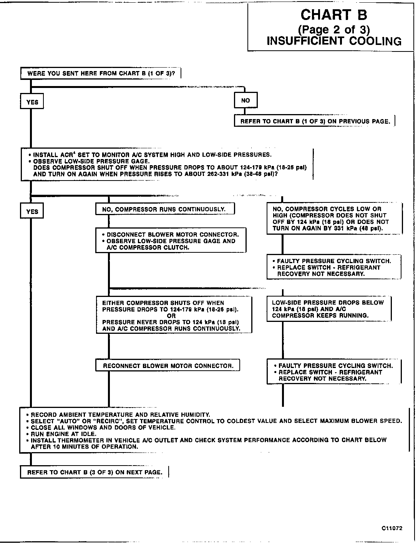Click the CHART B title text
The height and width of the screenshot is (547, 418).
coord(333,15)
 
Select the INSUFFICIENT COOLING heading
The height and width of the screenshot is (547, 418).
coord(334,41)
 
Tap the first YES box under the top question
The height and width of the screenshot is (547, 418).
coord(32,102)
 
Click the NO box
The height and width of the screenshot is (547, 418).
coord(245,101)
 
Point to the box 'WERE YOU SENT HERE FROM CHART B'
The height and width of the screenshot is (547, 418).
coord(101,73)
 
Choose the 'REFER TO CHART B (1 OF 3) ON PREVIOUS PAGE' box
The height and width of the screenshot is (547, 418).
coord(315,121)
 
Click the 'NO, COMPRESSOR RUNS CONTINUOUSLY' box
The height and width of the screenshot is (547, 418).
coord(165,209)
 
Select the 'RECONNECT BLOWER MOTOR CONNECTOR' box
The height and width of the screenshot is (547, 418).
coord(168,366)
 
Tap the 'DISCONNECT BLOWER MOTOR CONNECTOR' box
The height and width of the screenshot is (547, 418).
coord(171,241)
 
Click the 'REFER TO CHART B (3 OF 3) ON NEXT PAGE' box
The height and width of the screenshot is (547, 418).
coord(95,472)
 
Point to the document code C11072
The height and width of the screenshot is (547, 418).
coord(392,528)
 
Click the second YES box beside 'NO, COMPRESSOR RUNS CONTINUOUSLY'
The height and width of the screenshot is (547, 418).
coord(32,212)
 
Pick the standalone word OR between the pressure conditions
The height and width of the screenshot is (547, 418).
coord(171,316)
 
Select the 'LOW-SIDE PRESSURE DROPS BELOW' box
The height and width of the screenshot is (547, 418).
coord(329,309)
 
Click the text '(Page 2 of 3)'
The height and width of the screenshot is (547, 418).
coord(334,29)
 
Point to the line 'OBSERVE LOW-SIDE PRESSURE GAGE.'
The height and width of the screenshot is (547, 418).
coord(91,161)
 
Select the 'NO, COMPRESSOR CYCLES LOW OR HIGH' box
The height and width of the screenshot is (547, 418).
coord(334,219)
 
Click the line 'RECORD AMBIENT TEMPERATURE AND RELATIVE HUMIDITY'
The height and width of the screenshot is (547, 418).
coord(120,414)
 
